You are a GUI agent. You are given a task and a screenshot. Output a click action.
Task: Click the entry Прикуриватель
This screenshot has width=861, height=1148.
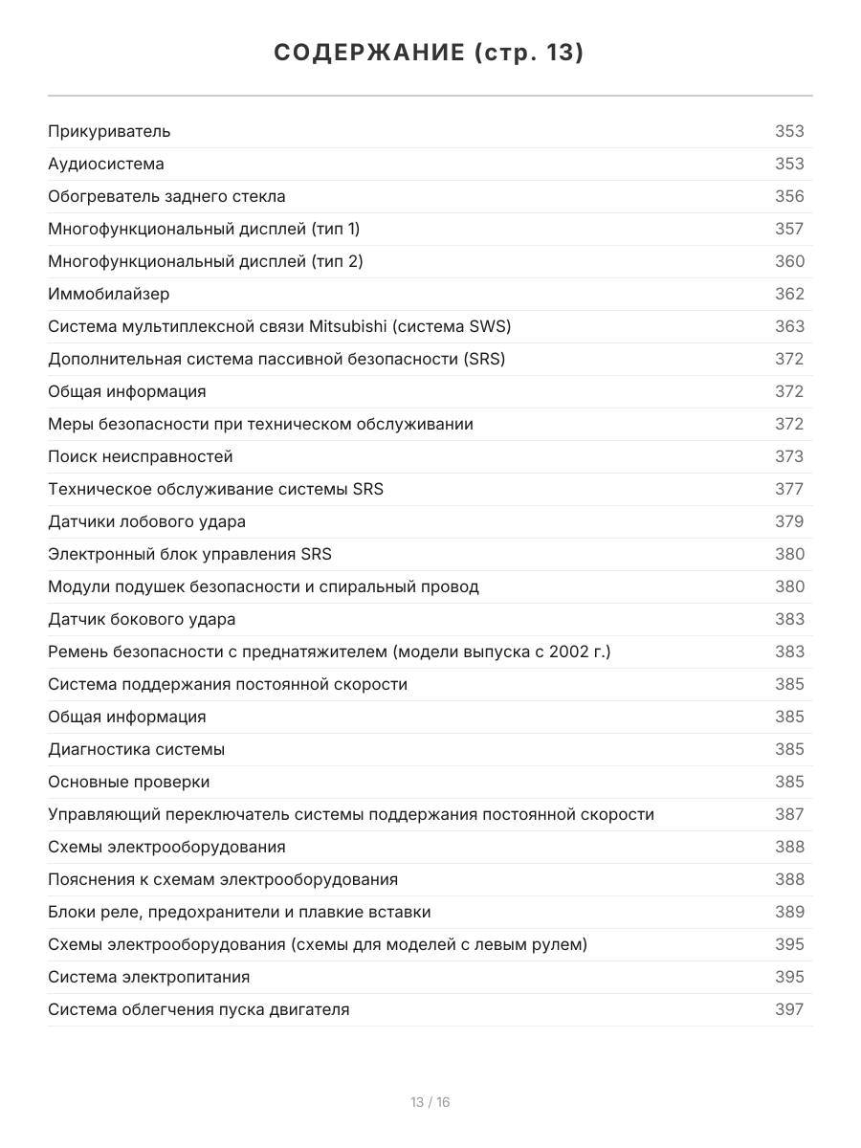(109, 131)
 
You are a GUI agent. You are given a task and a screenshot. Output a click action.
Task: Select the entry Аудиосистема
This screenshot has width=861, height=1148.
(106, 164)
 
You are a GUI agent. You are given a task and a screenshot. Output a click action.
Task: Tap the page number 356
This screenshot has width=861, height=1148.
(789, 196)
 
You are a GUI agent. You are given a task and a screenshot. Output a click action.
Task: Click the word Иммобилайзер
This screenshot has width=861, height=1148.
(109, 294)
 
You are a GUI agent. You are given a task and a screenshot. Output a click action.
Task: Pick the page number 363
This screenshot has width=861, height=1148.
(789, 326)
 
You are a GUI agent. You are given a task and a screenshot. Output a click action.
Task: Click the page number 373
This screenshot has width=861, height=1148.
(789, 456)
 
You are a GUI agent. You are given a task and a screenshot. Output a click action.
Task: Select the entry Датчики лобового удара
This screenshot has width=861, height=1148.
(146, 521)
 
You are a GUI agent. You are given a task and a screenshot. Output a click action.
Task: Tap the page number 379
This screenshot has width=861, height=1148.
(789, 521)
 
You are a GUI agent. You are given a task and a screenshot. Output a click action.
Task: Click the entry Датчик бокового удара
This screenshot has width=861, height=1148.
(142, 619)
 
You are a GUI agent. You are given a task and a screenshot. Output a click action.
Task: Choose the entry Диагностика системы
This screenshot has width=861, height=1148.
(137, 749)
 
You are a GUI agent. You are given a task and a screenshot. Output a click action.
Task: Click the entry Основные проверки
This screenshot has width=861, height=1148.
(129, 782)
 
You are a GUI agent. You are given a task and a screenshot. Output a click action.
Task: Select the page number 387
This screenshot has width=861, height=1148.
(789, 814)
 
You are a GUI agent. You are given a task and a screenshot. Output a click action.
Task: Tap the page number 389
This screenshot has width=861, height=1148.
(789, 912)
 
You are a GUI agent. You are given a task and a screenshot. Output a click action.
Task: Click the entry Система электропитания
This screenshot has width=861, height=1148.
(149, 977)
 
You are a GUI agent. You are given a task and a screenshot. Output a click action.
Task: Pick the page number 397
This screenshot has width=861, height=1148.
(789, 1009)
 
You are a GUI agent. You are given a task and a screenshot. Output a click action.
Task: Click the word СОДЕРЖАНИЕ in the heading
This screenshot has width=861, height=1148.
(368, 53)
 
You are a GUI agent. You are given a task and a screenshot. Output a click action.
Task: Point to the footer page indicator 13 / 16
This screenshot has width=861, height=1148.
(430, 1102)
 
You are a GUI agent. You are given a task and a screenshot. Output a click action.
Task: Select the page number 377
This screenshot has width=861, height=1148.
(789, 489)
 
